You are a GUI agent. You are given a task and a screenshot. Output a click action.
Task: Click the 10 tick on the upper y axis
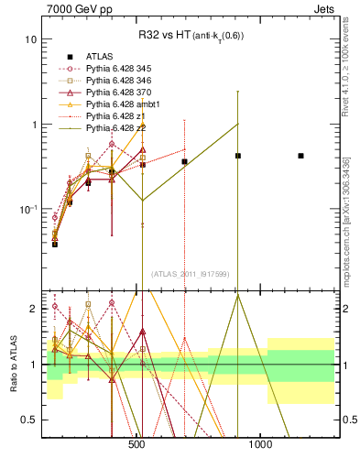click(x=30, y=40)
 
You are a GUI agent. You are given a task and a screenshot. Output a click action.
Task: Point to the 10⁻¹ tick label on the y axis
click(x=27, y=210)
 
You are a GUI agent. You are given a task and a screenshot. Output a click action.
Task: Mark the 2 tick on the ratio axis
click(x=32, y=309)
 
